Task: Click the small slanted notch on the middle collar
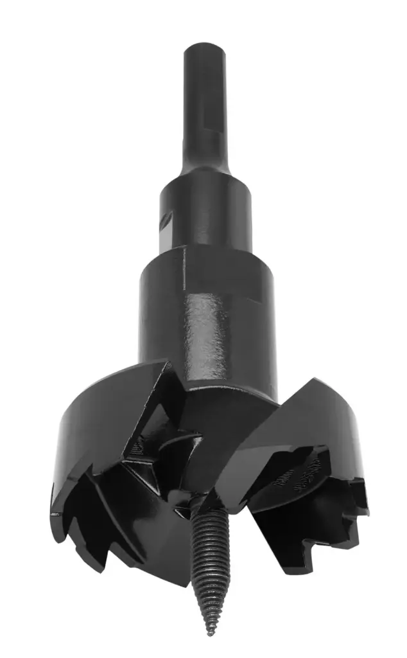pyautogui.click(x=166, y=220)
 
